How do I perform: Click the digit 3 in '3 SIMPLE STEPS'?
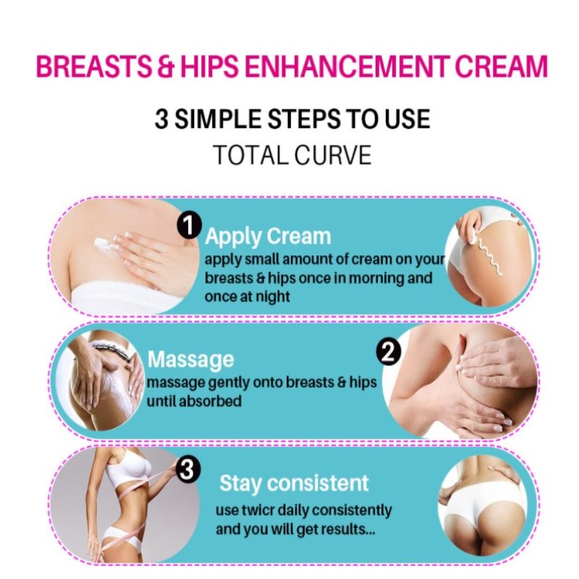161,119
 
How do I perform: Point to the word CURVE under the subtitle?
333,155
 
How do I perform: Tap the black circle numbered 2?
388,353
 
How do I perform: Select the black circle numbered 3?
187,470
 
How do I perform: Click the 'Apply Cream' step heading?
268,237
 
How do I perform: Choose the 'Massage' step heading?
190,360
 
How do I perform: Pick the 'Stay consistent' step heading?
294,483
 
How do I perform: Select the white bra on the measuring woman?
129,467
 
